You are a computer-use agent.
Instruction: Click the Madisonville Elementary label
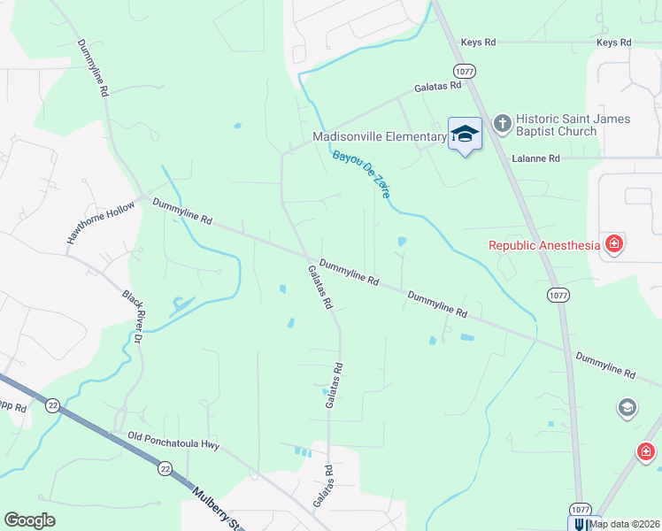pos(379,136)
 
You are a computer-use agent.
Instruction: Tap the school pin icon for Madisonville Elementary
pos(465,135)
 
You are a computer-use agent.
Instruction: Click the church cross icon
pos(502,124)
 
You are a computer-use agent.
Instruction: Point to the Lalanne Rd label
pos(536,158)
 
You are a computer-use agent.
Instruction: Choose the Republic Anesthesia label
pos(544,244)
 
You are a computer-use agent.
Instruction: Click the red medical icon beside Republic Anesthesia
pos(612,244)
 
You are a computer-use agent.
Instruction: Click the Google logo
pos(29,520)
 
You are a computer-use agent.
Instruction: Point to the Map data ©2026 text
pos(624,524)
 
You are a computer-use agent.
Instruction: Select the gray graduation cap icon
pos(627,407)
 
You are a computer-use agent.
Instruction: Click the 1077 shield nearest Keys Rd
pos(462,70)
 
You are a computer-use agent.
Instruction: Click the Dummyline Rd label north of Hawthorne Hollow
pos(92,68)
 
